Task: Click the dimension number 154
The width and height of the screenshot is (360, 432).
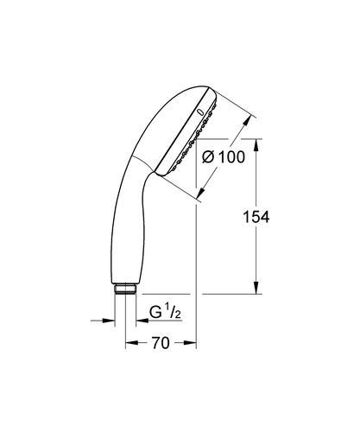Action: (x=256, y=218)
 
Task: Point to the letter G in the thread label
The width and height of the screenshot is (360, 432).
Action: (x=155, y=311)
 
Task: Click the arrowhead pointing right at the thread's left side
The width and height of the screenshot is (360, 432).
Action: (x=111, y=321)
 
